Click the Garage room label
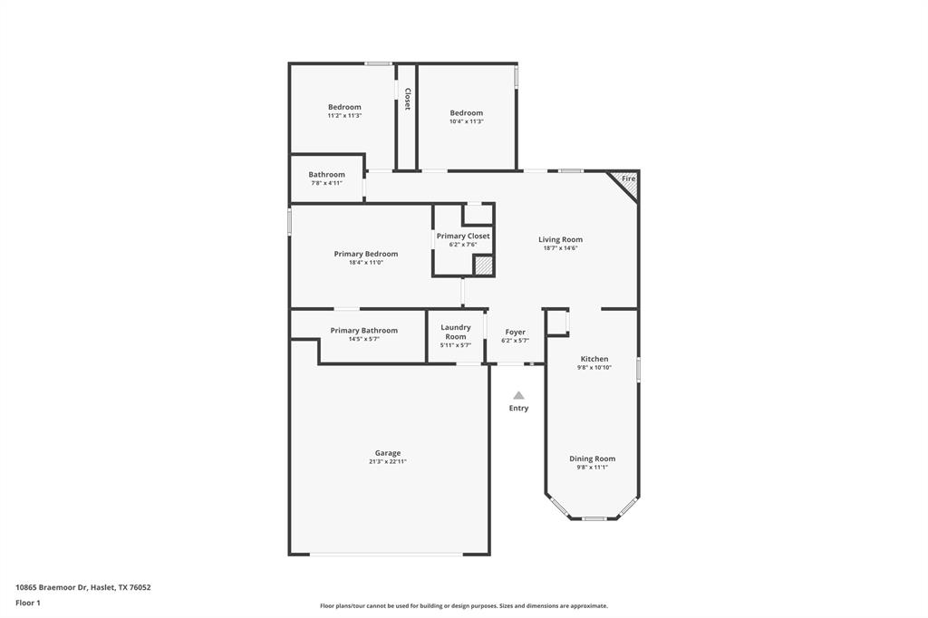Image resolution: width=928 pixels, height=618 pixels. (x=388, y=453)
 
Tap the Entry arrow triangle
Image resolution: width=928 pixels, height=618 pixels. (x=518, y=395)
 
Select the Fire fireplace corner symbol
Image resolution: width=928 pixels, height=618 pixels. (x=625, y=182)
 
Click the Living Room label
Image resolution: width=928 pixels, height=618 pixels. (x=560, y=239)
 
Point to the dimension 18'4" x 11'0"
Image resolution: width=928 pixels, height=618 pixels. (x=365, y=263)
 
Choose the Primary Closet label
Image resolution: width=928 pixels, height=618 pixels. (x=463, y=236)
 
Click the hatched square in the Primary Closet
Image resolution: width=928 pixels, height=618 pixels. (x=484, y=266)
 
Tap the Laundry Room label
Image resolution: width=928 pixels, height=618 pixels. (x=455, y=332)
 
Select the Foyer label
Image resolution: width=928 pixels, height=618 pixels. (x=515, y=332)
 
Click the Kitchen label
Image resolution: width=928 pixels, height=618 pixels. (x=594, y=359)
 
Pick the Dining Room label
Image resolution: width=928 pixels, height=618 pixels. (x=592, y=459)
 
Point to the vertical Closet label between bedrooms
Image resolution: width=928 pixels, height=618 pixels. (x=407, y=100)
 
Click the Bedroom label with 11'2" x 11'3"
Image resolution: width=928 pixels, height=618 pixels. (x=344, y=107)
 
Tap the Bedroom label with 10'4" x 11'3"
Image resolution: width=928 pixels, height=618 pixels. (x=467, y=112)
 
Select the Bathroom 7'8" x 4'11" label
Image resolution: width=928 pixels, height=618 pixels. (x=326, y=174)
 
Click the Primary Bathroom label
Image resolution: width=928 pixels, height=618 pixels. (x=363, y=331)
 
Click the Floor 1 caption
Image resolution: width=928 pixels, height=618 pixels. (x=28, y=603)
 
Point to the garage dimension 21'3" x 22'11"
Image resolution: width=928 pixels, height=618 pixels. (x=388, y=462)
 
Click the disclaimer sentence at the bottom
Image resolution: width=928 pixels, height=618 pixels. (x=464, y=606)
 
